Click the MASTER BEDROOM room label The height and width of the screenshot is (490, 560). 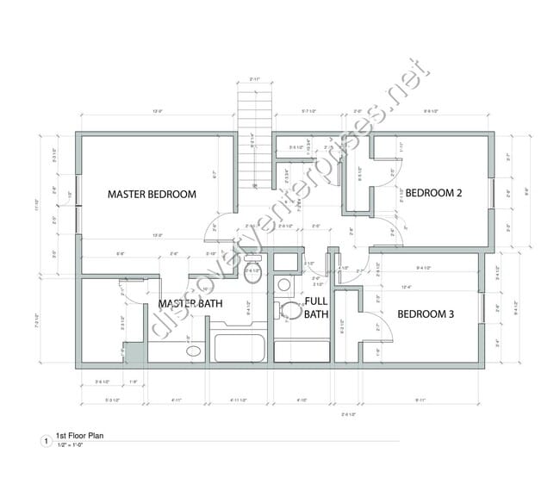click(x=152, y=195)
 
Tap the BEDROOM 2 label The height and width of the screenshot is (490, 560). click(x=434, y=193)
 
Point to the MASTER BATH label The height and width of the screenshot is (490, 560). click(x=190, y=303)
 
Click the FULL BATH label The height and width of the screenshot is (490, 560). click(x=316, y=307)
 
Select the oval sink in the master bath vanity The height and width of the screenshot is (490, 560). click(x=193, y=351)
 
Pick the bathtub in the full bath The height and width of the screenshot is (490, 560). click(x=302, y=351)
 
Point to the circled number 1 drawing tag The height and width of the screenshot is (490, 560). click(x=46, y=442)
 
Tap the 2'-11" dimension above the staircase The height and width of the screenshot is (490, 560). click(x=255, y=79)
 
